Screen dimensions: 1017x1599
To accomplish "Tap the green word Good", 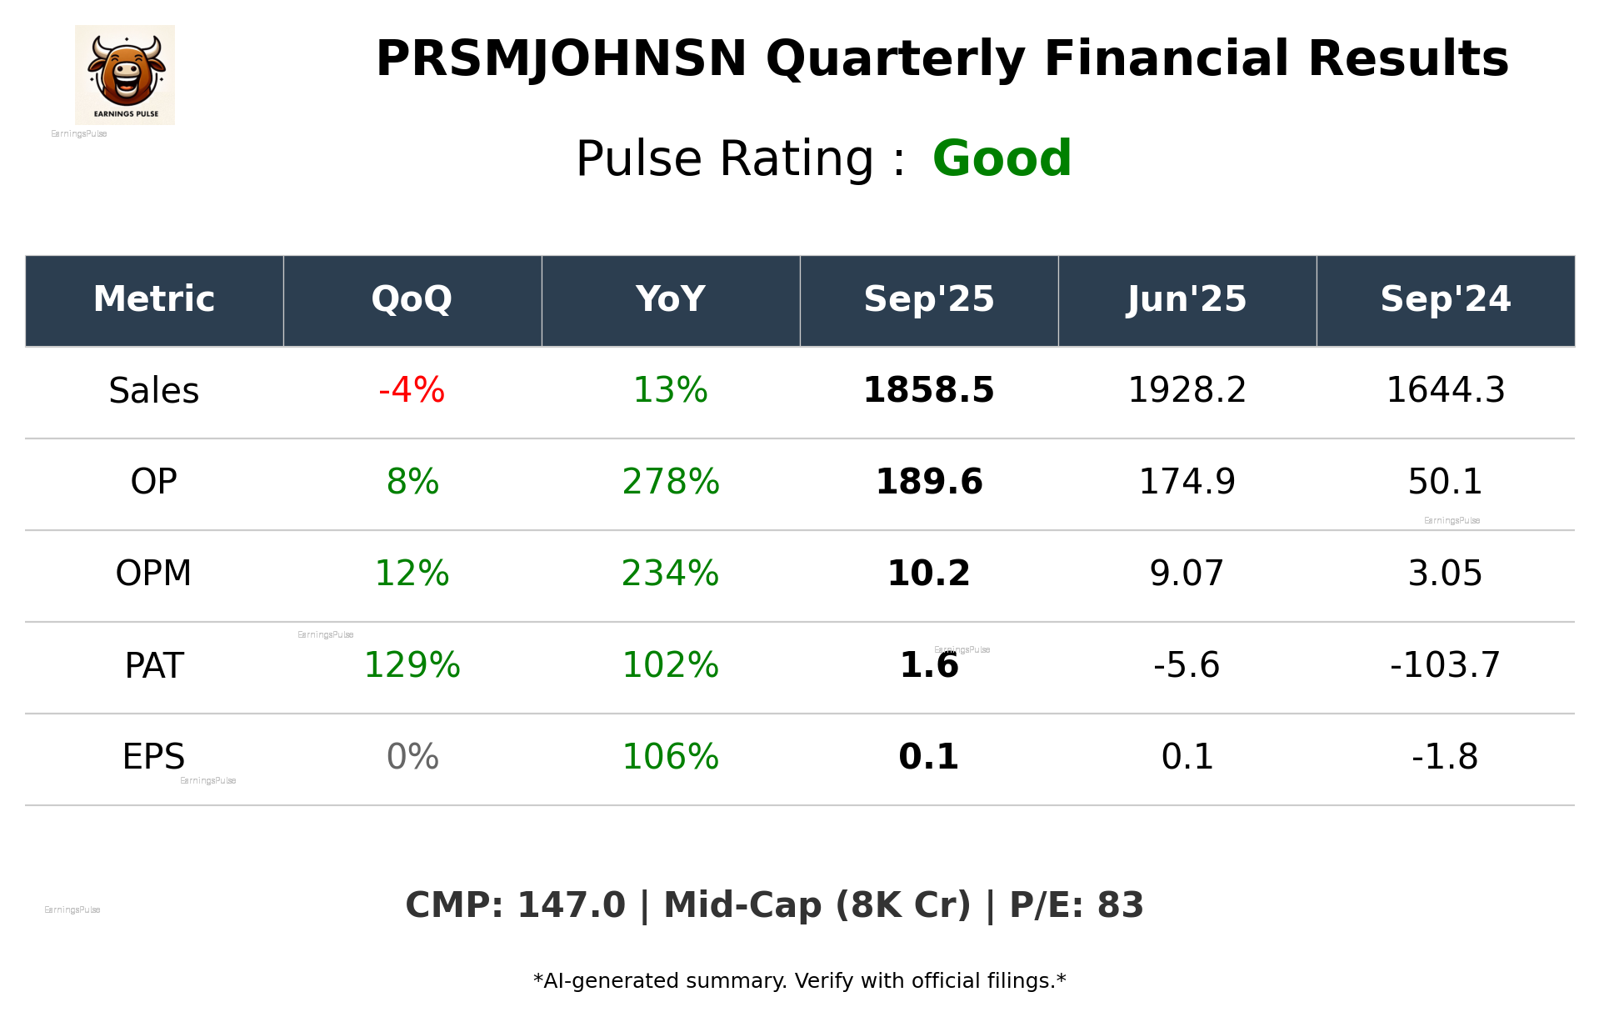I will coord(1002,158).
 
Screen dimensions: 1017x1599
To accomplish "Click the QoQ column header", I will coord(412,299).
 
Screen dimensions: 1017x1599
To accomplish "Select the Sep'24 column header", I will coord(1445,299).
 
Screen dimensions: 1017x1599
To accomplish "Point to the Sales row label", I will coord(154,391).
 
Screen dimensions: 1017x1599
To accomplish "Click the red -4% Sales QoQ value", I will coord(412,391).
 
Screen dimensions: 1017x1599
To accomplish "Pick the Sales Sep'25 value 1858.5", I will coord(928,391).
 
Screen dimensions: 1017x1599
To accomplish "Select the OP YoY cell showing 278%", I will coord(670,483).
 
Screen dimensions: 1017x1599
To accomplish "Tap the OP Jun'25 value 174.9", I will coord(1187,483).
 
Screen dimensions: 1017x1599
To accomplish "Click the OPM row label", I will coord(154,574).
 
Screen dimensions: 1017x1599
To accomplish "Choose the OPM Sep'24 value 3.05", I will coord(1445,574).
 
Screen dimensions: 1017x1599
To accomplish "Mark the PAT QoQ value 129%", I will coord(412,666).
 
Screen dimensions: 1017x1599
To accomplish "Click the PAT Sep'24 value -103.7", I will coord(1445,666).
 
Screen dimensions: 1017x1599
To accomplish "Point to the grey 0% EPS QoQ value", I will coord(412,758).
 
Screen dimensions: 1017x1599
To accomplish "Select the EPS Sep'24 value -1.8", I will coord(1445,758).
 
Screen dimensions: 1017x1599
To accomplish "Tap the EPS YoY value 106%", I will coord(670,758).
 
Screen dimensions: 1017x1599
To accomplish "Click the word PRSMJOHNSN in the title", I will coord(561,59).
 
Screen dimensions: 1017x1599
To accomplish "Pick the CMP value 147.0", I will coord(571,906).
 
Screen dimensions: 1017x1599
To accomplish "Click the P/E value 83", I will coord(1120,906).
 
